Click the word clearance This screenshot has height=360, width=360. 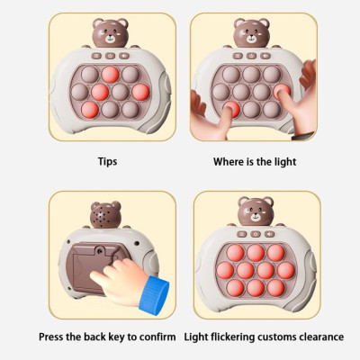(324, 337)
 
